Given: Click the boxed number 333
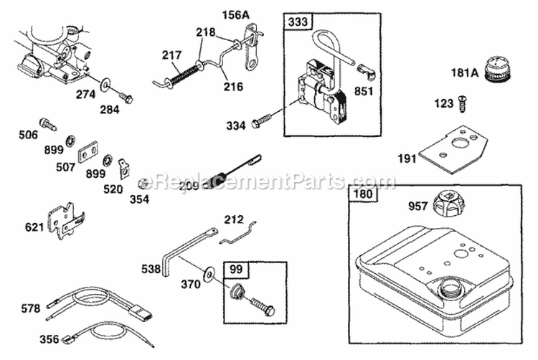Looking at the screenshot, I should click(299, 22).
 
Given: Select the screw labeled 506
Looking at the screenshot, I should click(49, 124).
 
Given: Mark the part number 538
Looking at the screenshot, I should click(150, 269).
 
